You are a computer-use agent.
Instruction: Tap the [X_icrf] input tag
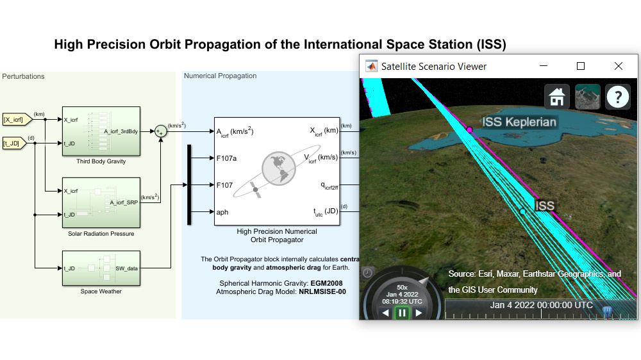click(x=15, y=119)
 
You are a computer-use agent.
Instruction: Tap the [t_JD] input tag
click(x=15, y=143)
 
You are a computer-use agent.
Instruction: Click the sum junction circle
click(x=160, y=131)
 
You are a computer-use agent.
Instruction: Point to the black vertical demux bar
click(x=189, y=184)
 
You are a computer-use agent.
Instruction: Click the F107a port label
click(x=227, y=158)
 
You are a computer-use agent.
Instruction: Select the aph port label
click(x=222, y=212)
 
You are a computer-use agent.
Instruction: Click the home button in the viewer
click(x=556, y=97)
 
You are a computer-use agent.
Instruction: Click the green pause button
click(x=402, y=313)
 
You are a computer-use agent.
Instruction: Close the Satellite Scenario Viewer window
click(x=618, y=66)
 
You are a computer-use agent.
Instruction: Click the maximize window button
click(x=581, y=66)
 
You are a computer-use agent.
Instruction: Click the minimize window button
click(x=544, y=66)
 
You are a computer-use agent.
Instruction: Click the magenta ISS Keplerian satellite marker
click(x=469, y=130)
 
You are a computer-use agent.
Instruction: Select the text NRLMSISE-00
click(x=322, y=291)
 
